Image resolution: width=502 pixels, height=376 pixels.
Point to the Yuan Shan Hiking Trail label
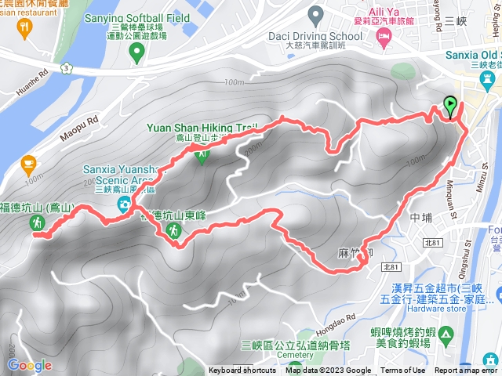tap(201, 128)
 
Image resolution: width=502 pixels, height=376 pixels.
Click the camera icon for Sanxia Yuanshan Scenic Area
tap(124, 204)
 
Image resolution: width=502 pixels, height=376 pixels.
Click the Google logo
tap(29, 365)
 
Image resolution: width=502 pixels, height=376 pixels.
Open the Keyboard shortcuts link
tap(242, 371)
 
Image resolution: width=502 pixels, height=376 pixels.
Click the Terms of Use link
tap(403, 371)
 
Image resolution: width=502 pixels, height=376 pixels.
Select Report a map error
tap(466, 371)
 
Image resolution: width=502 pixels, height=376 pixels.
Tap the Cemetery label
tap(294, 355)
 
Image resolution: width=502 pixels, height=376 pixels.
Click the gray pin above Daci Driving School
tap(316, 13)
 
